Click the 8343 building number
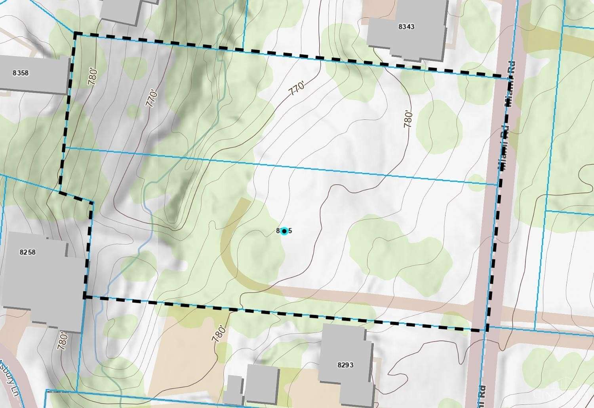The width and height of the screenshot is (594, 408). pos(406,26)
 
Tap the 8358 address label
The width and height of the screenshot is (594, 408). pos(21,73)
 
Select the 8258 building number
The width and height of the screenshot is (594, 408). pos(27,252)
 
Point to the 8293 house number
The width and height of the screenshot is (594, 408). pos(345,365)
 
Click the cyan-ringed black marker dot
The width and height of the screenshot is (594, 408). pos(284,231)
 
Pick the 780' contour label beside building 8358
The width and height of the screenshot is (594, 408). pos(93,76)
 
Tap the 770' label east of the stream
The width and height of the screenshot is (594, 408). pos(297,89)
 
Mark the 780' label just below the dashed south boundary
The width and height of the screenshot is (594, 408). pos(219,334)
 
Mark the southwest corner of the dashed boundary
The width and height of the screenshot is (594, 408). pos(84,296)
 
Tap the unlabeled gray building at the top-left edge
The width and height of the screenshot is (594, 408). pos(121,10)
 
